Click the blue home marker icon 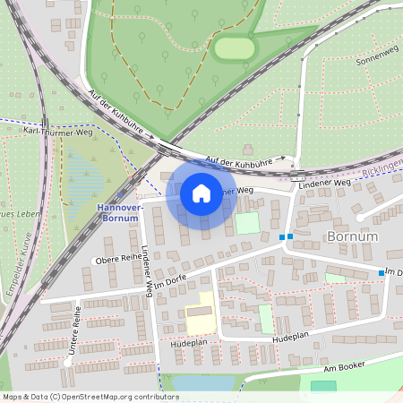coord(201,193)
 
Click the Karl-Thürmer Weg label coord(57,130)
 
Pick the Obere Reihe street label coord(114,260)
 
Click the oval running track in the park coord(235,47)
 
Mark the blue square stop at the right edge coord(381,272)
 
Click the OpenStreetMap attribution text coord(90,397)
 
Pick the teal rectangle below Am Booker coord(323,386)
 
